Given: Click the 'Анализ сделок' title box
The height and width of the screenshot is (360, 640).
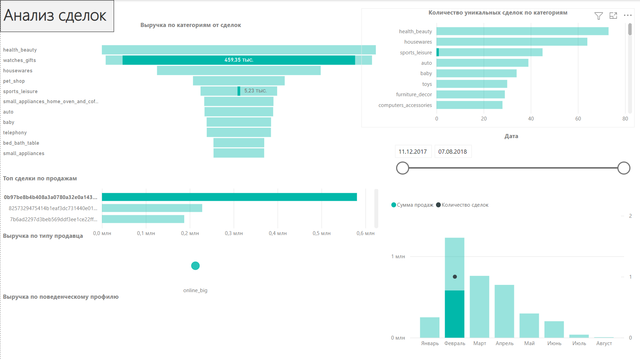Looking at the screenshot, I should click(57, 16).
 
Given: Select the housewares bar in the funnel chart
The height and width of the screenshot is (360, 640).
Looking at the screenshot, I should click(239, 71).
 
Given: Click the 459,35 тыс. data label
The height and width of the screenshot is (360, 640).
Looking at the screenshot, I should click(239, 60).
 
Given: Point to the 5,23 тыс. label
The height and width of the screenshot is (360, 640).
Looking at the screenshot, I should click(255, 91).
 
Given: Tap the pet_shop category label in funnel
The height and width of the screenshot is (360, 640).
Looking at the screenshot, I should click(14, 81).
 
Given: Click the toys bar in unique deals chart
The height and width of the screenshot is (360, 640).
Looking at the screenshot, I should click(472, 84).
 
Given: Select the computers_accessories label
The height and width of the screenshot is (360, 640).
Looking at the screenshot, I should click(405, 105).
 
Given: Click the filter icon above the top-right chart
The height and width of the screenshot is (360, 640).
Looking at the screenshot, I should click(598, 16).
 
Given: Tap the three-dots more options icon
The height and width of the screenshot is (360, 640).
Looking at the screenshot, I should click(628, 16).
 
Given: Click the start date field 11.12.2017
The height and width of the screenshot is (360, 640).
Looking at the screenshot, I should click(413, 152).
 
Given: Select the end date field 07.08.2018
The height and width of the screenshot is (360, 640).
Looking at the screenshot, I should click(453, 152).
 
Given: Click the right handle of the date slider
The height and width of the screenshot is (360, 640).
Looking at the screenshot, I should click(623, 168).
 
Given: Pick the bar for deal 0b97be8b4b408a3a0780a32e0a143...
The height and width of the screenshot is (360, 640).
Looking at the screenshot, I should click(229, 197).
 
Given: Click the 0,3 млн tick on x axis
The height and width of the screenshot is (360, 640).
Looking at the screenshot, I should click(234, 233).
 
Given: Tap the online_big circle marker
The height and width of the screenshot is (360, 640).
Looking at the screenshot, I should click(195, 266).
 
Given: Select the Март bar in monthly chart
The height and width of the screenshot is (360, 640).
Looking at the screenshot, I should click(479, 306).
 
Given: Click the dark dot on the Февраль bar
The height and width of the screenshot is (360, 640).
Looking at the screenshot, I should click(455, 277).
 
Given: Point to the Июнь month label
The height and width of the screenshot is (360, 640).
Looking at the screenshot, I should click(554, 343).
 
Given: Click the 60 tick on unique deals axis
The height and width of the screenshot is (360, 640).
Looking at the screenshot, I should click(578, 119).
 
